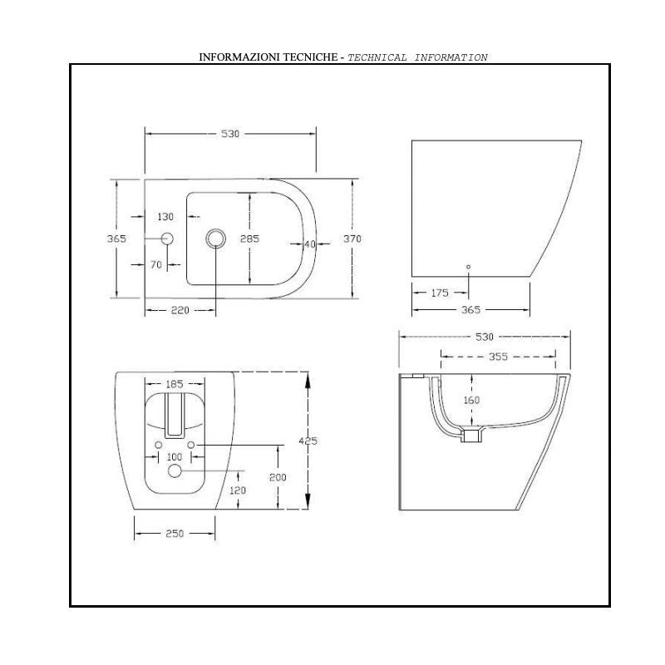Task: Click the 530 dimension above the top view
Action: click(230, 135)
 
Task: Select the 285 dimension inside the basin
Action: click(250, 239)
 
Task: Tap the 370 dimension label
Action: click(352, 239)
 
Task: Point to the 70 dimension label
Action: click(155, 265)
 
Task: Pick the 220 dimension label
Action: click(180, 310)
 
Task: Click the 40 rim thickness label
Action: click(310, 244)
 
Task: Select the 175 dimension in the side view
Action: click(441, 293)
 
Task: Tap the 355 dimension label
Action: click(498, 357)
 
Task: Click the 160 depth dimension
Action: click(471, 400)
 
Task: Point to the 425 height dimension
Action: click(308, 441)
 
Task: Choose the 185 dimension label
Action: click(175, 385)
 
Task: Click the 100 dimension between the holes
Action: click(175, 458)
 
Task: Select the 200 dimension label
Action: click(278, 477)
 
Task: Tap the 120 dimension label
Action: click(239, 490)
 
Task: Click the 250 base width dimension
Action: click(175, 534)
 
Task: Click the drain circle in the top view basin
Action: click(215, 239)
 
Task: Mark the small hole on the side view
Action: click(468, 267)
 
